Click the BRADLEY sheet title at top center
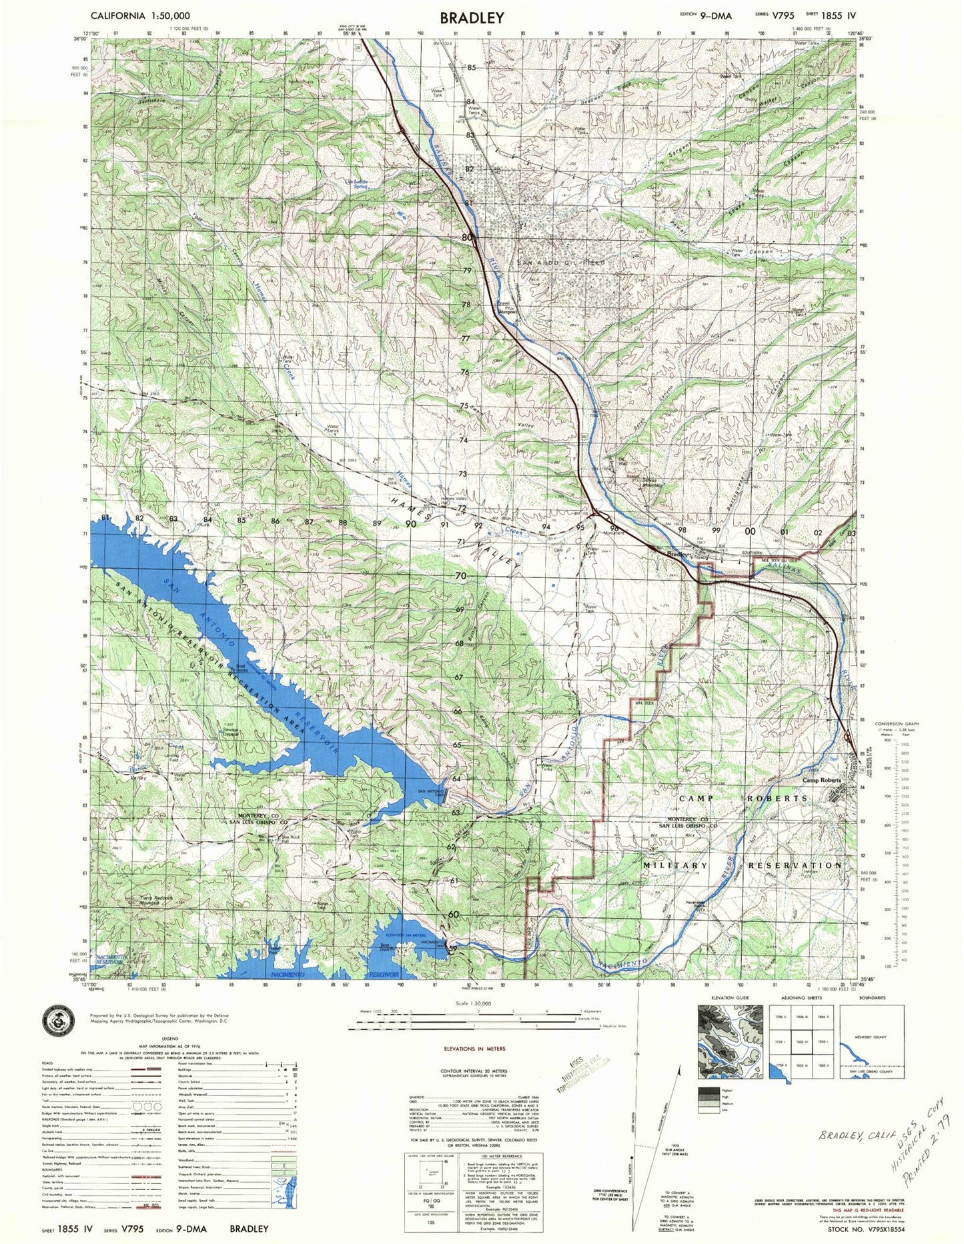click(x=472, y=18)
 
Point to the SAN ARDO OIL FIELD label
click(x=562, y=263)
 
